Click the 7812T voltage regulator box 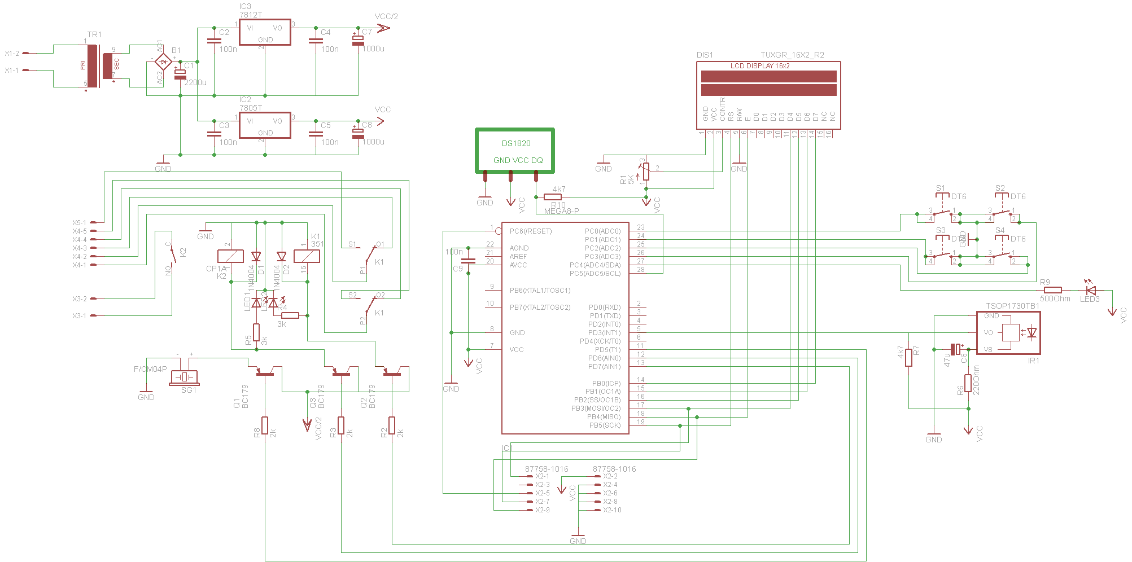click(x=265, y=32)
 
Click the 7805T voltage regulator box click(x=265, y=125)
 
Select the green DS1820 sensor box click(x=515, y=151)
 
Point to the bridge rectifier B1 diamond click(x=163, y=62)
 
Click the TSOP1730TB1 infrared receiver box click(x=1008, y=333)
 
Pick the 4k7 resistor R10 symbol click(x=553, y=197)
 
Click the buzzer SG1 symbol click(x=184, y=377)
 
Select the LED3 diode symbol click(x=1091, y=291)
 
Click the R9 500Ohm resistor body click(x=1052, y=291)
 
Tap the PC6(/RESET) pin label click(x=530, y=231)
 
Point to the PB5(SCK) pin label click(x=604, y=425)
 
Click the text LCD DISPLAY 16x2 click(x=760, y=66)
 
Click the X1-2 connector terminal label click(x=12, y=54)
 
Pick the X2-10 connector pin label click(x=612, y=510)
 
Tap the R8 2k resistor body click(x=265, y=425)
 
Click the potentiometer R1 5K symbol click(x=646, y=171)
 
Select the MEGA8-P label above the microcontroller click(x=561, y=212)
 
